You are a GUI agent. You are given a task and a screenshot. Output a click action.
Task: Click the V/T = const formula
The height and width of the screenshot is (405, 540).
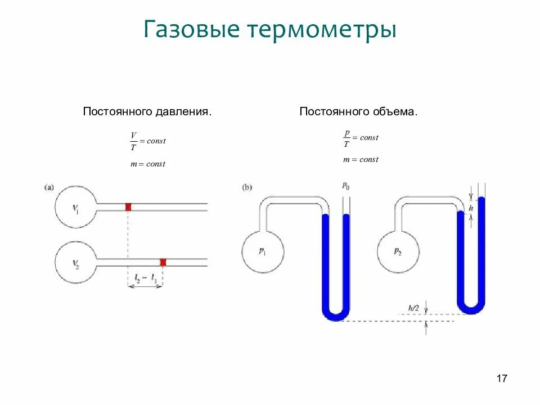[147, 141]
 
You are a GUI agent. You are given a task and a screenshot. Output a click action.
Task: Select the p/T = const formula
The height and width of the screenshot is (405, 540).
[361, 137]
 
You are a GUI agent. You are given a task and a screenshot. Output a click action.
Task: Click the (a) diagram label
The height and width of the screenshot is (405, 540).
[49, 187]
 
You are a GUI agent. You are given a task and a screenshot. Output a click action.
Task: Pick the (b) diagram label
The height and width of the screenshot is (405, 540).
[247, 187]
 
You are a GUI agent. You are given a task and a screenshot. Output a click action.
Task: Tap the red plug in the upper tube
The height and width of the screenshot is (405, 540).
[128, 207]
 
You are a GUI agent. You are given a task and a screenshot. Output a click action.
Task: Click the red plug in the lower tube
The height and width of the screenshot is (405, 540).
[163, 262]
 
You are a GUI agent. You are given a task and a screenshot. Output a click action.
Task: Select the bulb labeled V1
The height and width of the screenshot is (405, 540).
[76, 207]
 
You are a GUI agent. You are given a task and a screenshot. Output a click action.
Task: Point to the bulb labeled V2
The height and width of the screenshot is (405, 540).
[76, 262]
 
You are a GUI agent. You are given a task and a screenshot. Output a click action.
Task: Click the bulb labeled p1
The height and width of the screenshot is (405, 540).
[263, 251]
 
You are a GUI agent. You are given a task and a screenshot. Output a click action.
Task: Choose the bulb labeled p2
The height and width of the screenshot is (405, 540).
[398, 251]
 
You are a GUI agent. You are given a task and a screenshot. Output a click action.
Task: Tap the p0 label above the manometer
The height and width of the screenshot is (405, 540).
[345, 186]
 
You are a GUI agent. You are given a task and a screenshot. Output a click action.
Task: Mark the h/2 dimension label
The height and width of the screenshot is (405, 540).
[414, 307]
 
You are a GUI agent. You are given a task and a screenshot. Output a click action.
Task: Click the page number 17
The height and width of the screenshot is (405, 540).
[502, 379]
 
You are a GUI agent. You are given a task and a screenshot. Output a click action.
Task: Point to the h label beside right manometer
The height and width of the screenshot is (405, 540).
[471, 208]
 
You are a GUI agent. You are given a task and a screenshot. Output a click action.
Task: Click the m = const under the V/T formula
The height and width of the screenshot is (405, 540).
[147, 164]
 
